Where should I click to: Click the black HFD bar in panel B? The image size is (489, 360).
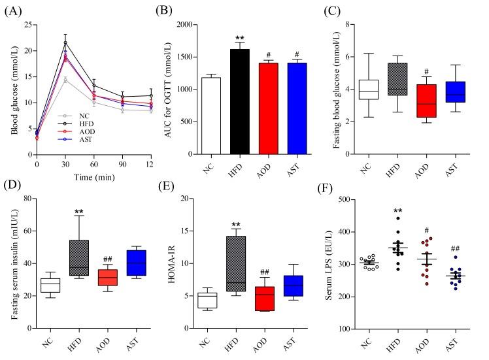241,101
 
